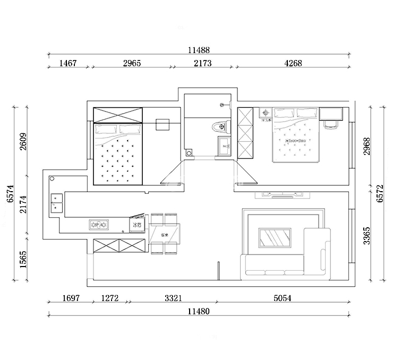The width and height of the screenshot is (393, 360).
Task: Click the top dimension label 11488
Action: click(x=199, y=50)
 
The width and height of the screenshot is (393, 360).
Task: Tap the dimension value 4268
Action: click(x=293, y=63)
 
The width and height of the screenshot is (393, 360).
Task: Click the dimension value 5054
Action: click(x=283, y=298)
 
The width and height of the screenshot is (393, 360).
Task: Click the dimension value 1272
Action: click(x=110, y=298)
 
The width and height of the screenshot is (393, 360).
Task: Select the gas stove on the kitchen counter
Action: click(x=99, y=226)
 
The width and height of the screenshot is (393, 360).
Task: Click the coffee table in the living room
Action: click(x=274, y=238)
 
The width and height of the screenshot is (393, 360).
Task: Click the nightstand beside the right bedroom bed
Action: click(x=264, y=113)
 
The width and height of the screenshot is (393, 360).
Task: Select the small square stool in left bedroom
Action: click(x=163, y=124)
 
